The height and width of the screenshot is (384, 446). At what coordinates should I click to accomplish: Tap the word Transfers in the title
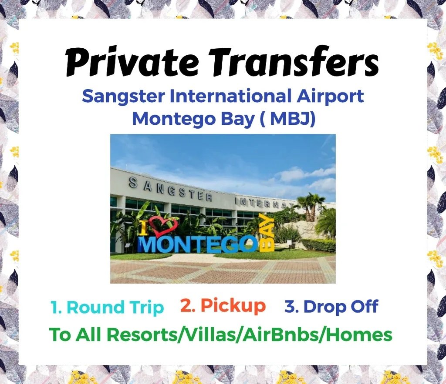[294, 62]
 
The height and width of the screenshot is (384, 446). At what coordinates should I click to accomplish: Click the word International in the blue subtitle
[231, 96]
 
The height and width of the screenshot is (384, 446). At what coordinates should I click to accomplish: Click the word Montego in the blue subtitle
[174, 120]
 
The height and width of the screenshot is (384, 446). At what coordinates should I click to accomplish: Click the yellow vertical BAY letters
[267, 233]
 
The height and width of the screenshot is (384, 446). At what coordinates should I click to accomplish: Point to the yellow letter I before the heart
[145, 229]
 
